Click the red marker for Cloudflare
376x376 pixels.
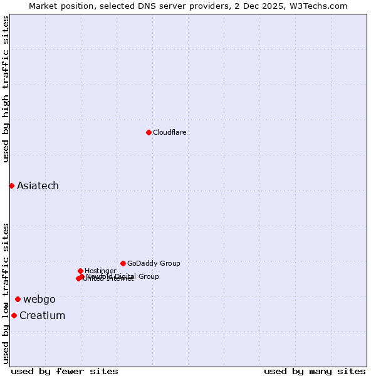click(149, 132)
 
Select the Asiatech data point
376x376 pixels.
click(11, 185)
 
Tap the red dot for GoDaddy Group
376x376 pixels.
click(123, 263)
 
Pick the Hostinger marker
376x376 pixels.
click(80, 271)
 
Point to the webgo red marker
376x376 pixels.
click(18, 299)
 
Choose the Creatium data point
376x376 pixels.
click(14, 315)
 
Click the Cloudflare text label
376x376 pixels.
click(169, 132)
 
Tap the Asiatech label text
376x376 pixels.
click(38, 185)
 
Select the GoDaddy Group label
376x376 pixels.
click(154, 263)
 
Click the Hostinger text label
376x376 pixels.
click(100, 271)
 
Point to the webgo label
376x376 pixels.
click(39, 299)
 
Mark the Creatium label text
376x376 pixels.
click(42, 315)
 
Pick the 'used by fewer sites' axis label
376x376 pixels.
click(65, 371)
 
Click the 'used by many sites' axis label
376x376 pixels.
click(315, 371)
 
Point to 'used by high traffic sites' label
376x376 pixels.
click(6, 89)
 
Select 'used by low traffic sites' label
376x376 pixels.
click(6, 293)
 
